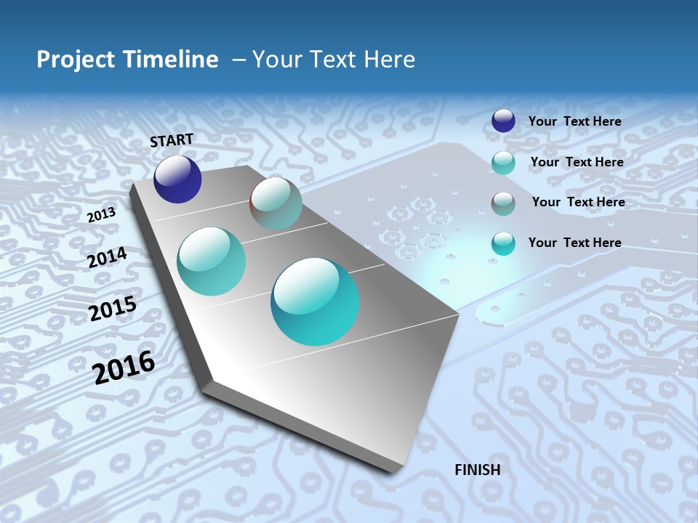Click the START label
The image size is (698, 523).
pos(172,140)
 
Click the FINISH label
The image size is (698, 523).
pos(477,470)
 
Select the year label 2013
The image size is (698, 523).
pos(101,215)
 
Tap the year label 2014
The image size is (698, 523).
pos(107,258)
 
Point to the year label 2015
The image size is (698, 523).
pos(112,309)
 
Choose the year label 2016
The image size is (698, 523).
pos(124,368)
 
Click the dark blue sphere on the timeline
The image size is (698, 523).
pos(177,179)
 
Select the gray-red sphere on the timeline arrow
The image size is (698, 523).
pos(276,203)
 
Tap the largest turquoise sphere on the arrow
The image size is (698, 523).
pos(315,301)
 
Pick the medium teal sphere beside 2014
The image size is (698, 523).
pos(211,261)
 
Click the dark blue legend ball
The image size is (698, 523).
pos(503,121)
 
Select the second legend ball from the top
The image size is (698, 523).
pos(503,162)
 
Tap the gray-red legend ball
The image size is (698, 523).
pos(503,203)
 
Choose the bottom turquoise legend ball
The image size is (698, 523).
pos(503,243)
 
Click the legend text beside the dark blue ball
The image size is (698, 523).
pos(574,121)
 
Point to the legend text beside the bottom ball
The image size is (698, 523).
pos(574,243)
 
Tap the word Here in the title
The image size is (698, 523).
pos(389,60)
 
